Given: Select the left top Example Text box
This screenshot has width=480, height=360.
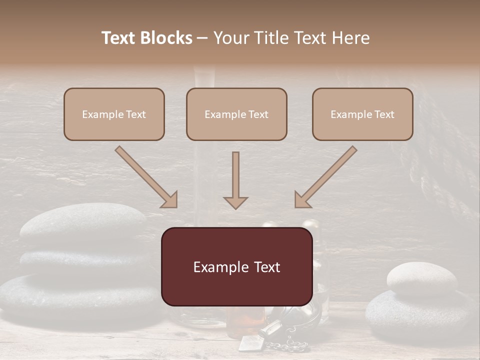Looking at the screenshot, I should [114, 114].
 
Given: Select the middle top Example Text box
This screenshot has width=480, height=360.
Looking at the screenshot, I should [236, 114].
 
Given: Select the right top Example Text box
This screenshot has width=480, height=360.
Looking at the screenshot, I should [362, 114].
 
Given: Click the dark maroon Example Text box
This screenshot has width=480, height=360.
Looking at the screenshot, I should [236, 266].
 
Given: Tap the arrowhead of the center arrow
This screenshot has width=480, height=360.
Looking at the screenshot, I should [235, 202].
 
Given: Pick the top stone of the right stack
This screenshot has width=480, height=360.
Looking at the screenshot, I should [414, 277].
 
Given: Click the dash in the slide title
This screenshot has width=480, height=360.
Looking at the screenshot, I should [202, 38].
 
